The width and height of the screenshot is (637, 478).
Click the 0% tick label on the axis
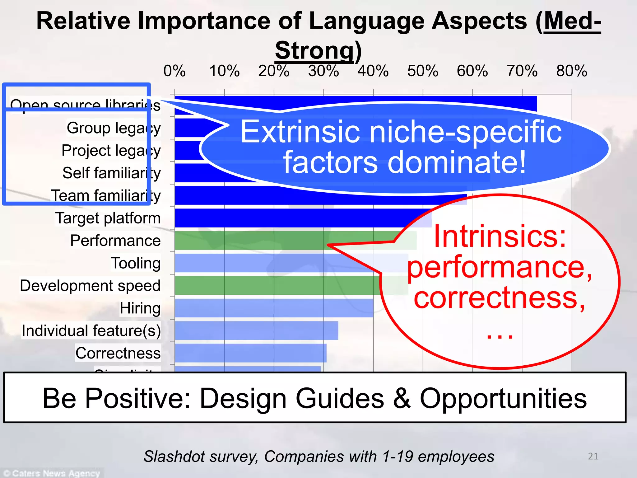point(174,71)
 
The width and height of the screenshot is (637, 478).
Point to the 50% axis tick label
point(423,71)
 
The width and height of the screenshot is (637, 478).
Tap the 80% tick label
point(572,71)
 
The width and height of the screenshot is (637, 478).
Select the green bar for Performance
point(280,241)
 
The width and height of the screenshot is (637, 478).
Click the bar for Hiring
point(274,308)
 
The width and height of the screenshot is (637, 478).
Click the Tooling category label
point(136,263)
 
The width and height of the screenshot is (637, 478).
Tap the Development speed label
point(90,286)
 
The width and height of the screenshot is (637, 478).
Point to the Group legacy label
point(114,128)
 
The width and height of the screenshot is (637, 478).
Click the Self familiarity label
point(111,173)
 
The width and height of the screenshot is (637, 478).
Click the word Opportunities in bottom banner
point(503,399)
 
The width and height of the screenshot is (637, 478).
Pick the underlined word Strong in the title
point(314,51)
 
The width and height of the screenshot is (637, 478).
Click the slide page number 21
point(593,456)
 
